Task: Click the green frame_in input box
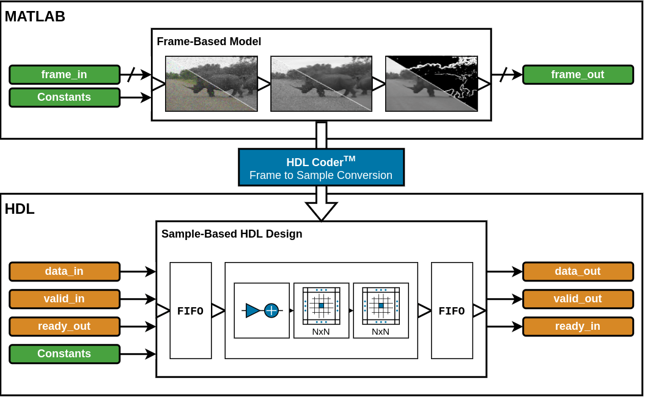click(64, 75)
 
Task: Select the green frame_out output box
click(577, 75)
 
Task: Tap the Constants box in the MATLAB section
click(64, 97)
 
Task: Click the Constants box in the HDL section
click(64, 354)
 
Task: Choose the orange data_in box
click(64, 271)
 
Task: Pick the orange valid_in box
click(64, 299)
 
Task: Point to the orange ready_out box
click(64, 326)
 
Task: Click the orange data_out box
click(577, 271)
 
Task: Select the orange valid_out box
click(577, 299)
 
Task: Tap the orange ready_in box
click(577, 326)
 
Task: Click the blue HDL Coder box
click(321, 167)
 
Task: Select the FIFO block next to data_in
click(190, 311)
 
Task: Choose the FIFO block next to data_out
click(452, 311)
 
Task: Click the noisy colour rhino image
click(212, 84)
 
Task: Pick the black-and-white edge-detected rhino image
click(431, 84)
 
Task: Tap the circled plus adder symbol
click(271, 311)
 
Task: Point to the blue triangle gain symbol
click(252, 311)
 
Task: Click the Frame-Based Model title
click(209, 42)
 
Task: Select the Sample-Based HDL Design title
click(232, 234)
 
